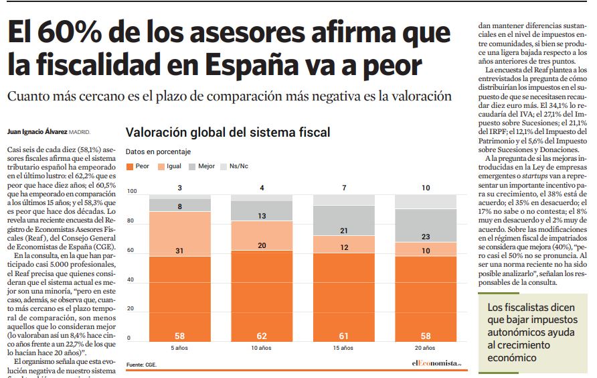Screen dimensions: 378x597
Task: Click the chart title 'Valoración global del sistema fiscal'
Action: pos(228,133)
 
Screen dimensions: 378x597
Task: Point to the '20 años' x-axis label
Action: pos(426,348)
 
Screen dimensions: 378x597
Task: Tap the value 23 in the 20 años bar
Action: pos(426,237)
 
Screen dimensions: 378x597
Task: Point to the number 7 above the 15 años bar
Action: pos(344,188)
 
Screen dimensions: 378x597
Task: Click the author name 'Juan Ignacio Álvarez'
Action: pos(37,131)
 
